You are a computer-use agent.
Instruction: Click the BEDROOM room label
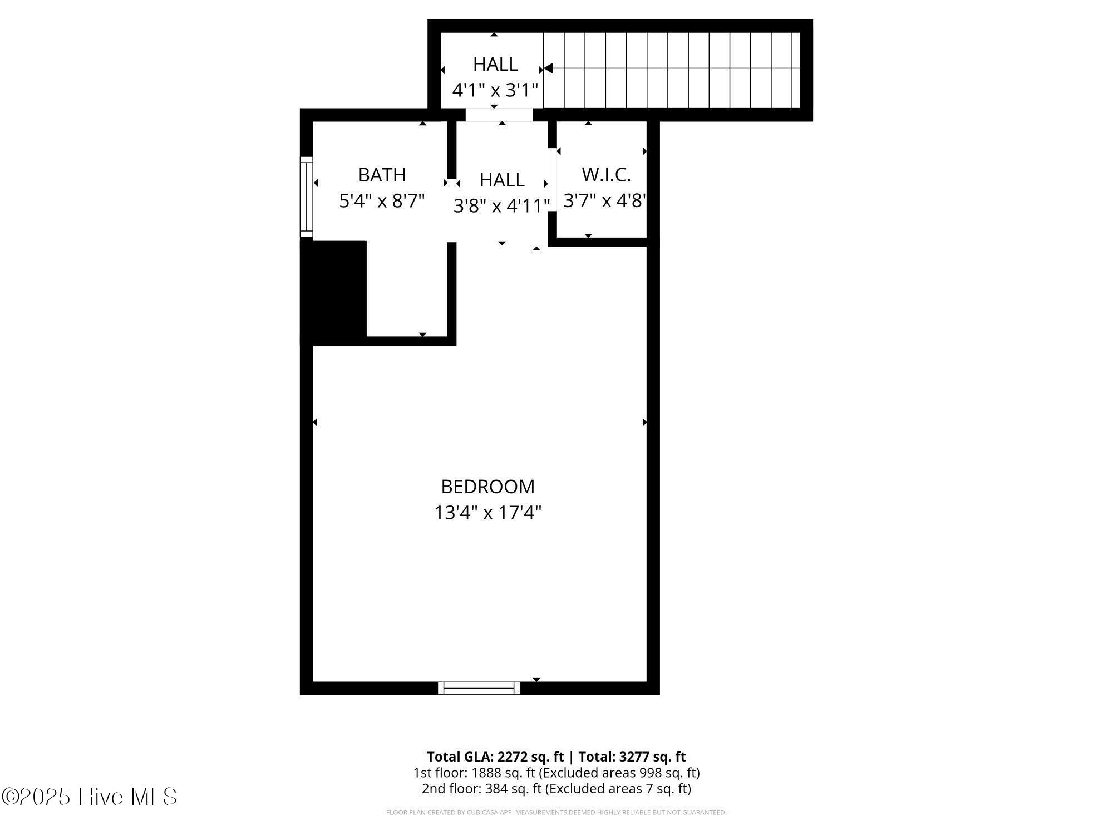pos(487,487)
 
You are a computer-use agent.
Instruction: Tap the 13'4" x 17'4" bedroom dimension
pos(488,512)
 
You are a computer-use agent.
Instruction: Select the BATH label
pos(382,175)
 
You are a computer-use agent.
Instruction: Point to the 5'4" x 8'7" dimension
pos(382,200)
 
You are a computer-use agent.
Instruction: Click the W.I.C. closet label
pos(606,175)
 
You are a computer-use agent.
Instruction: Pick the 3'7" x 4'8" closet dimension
pos(605,200)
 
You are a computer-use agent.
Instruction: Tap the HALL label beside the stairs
pos(495,64)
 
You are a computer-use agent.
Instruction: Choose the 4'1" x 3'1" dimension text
pos(495,90)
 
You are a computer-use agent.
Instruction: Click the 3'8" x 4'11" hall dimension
pos(502,206)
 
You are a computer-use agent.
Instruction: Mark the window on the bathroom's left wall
pos(307,197)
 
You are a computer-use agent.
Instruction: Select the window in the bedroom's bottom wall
pos(479,688)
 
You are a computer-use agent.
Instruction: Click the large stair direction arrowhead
pos(548,68)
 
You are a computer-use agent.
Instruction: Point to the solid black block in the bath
pos(334,292)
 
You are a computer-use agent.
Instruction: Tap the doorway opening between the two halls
pos(499,115)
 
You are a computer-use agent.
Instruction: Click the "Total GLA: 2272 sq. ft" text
pos(495,757)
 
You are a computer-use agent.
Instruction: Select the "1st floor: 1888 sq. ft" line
pos(474,773)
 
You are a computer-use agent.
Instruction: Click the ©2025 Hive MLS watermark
pos(89,797)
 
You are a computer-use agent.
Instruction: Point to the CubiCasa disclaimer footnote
pos(556,813)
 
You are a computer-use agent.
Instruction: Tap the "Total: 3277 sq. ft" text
pos(632,757)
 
